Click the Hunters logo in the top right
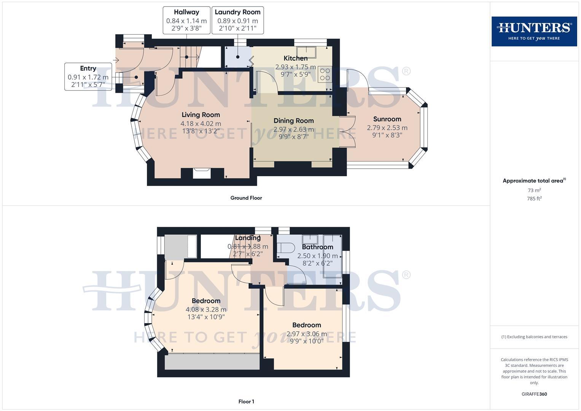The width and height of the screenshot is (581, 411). (x=534, y=31)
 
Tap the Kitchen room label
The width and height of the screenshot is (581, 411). (x=295, y=58)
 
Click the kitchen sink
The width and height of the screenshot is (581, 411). (x=307, y=52)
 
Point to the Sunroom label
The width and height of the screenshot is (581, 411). (x=387, y=119)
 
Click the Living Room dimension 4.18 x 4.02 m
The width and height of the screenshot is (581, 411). (x=201, y=124)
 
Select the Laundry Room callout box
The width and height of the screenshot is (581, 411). (x=237, y=20)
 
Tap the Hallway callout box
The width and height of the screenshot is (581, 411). (x=186, y=20)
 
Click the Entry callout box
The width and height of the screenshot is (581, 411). (x=88, y=76)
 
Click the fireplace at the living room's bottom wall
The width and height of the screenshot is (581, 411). (x=201, y=173)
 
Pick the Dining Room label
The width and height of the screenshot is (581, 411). (x=293, y=121)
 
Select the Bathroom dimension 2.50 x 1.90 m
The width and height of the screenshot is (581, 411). (x=317, y=256)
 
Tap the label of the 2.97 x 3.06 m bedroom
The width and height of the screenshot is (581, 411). (x=306, y=325)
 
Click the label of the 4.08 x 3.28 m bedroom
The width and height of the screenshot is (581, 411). (x=206, y=301)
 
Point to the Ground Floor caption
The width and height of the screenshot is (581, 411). (x=246, y=198)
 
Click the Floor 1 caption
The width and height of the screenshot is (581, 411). (x=246, y=401)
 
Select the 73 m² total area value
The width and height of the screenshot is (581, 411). (x=534, y=190)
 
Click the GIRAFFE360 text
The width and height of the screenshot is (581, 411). (x=534, y=394)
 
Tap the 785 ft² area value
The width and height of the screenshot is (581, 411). (x=534, y=199)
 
